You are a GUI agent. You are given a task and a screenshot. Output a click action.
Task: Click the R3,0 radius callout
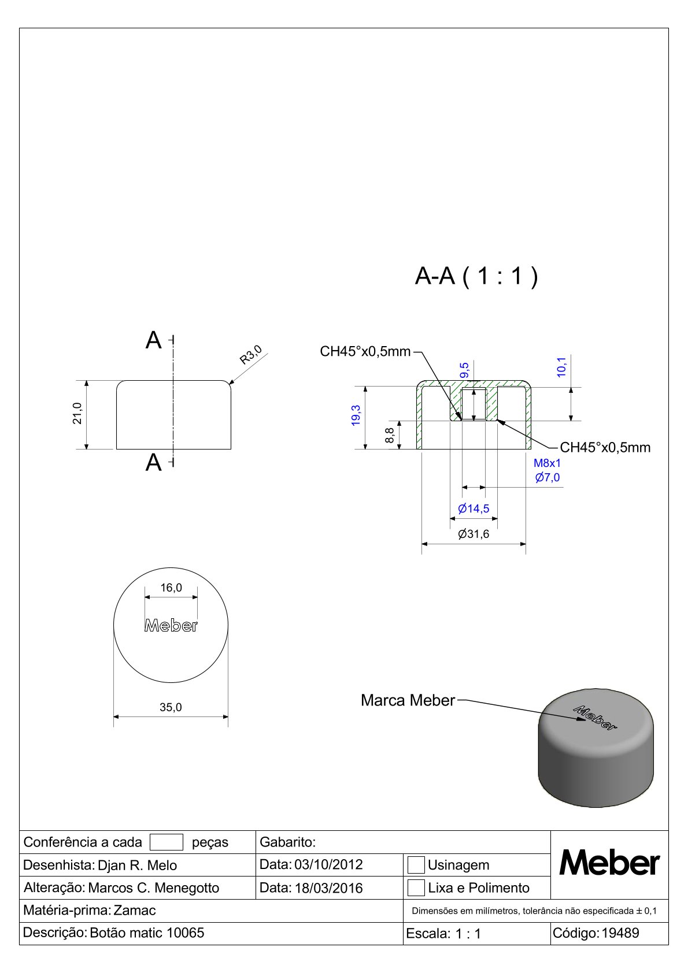[x=251, y=355]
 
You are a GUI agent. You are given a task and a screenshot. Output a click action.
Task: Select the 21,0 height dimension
[x=77, y=414]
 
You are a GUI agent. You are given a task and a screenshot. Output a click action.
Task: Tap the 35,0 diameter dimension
[x=171, y=707]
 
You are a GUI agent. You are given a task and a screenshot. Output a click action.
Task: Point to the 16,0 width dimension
[x=171, y=588]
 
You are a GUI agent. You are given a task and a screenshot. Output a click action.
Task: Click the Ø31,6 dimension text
[x=474, y=534]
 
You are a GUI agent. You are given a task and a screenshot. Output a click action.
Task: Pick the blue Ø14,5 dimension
[x=474, y=508]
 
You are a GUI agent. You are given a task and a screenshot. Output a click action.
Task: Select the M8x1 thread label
[x=547, y=463]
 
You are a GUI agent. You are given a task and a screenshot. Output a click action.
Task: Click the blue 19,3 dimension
[x=356, y=415]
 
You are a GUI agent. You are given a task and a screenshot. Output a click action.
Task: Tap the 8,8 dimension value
[x=390, y=435]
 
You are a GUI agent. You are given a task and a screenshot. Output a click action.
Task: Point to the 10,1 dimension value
[x=561, y=367]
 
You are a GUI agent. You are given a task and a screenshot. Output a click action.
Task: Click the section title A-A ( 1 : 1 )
[x=476, y=277]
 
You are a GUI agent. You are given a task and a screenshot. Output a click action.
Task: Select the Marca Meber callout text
[x=408, y=700]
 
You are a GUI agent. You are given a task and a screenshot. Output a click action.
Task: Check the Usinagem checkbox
[x=416, y=865]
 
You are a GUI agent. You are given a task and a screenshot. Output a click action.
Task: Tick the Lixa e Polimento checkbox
[x=416, y=887]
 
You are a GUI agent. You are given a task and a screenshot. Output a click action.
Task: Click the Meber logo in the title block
[x=609, y=864]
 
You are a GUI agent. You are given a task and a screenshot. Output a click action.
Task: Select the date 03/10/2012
[x=328, y=865]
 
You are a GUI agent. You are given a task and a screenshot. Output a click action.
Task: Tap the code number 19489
[x=620, y=933]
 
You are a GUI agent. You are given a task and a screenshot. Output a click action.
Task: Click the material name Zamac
[x=135, y=911]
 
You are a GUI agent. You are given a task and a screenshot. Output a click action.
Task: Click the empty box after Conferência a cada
[x=166, y=842]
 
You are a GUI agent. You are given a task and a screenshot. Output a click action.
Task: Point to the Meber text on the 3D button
[x=595, y=718]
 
